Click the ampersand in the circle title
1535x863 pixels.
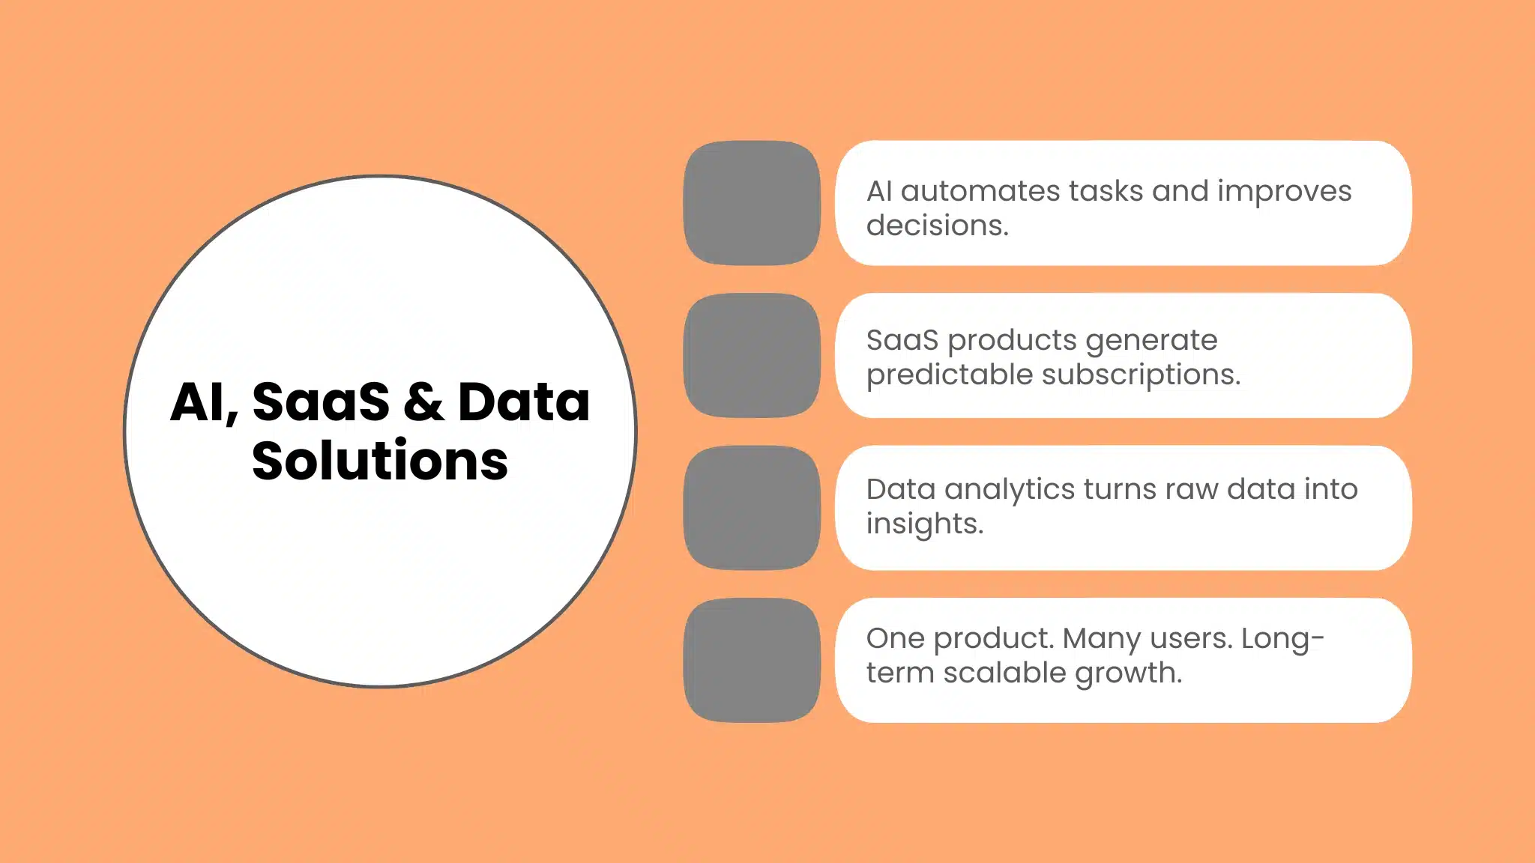point(423,402)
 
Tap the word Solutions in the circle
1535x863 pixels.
point(380,461)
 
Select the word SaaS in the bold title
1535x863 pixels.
point(321,402)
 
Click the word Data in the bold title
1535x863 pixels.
point(524,402)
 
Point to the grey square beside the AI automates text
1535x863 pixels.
point(752,203)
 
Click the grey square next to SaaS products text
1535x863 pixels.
point(752,355)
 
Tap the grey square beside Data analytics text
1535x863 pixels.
point(752,508)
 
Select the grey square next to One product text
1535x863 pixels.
point(752,660)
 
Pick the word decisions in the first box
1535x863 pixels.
point(937,225)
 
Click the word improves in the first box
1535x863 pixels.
point(1284,191)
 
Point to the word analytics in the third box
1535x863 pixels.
point(1010,489)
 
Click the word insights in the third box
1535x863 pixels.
point(923,524)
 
